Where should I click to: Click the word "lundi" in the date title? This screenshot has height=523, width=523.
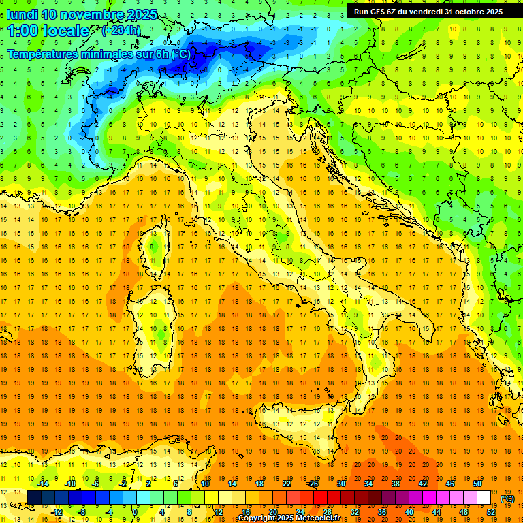(22, 14)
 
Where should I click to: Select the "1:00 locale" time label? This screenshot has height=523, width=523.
(48, 31)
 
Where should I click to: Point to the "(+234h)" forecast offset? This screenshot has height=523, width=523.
(122, 31)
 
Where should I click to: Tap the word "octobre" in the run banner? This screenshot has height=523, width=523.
(471, 12)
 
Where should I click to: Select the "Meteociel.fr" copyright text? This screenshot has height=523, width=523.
(321, 518)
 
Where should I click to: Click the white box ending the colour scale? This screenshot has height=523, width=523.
(484, 497)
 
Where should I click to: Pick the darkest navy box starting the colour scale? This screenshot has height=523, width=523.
(34, 497)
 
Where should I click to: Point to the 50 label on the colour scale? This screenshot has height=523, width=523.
(477, 484)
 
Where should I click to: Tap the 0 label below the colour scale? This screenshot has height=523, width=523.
(135, 511)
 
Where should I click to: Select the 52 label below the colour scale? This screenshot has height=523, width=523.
(490, 511)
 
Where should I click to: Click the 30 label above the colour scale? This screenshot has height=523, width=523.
(341, 484)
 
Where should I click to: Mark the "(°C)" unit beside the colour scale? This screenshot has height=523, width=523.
(507, 498)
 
